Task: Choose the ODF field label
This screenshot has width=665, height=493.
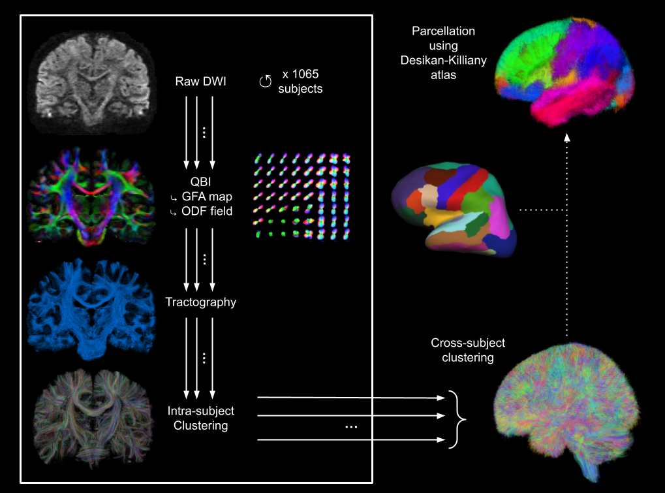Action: (206, 212)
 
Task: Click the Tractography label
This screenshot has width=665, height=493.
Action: (200, 302)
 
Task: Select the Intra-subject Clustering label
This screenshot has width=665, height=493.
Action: (200, 419)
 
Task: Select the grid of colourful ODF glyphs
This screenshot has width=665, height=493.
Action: (301, 195)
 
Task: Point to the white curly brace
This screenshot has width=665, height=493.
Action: (459, 419)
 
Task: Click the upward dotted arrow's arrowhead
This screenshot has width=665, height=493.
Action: (566, 136)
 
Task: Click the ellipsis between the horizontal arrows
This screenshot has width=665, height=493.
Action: (350, 427)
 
